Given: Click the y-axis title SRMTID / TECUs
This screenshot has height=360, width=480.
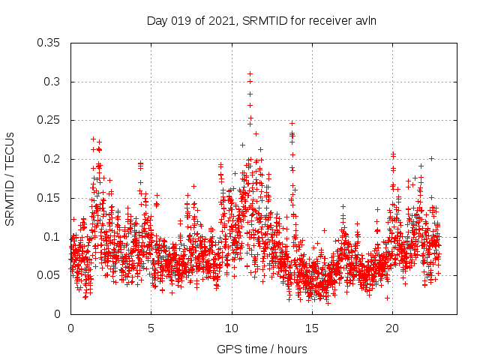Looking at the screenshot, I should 10,178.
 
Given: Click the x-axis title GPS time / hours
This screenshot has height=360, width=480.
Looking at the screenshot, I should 262,349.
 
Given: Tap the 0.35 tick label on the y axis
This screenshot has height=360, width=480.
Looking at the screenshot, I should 49,43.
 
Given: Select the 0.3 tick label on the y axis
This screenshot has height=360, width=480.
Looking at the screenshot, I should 52,82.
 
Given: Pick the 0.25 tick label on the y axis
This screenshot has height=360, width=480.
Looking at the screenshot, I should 49,120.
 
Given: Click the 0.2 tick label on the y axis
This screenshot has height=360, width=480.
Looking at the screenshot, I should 52,159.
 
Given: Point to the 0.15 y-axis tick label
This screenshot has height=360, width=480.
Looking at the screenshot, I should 49,198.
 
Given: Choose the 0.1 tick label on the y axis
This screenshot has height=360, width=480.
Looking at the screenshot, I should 52,236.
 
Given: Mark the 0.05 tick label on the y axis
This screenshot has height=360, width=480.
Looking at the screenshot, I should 49,275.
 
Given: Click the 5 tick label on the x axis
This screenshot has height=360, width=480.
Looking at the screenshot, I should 151,328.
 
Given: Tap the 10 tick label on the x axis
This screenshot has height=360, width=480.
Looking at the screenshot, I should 232,328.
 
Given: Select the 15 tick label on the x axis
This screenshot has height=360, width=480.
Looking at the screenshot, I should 312,328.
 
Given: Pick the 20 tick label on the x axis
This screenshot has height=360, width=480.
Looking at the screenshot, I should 392,328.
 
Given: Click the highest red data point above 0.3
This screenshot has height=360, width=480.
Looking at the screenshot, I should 250,74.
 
